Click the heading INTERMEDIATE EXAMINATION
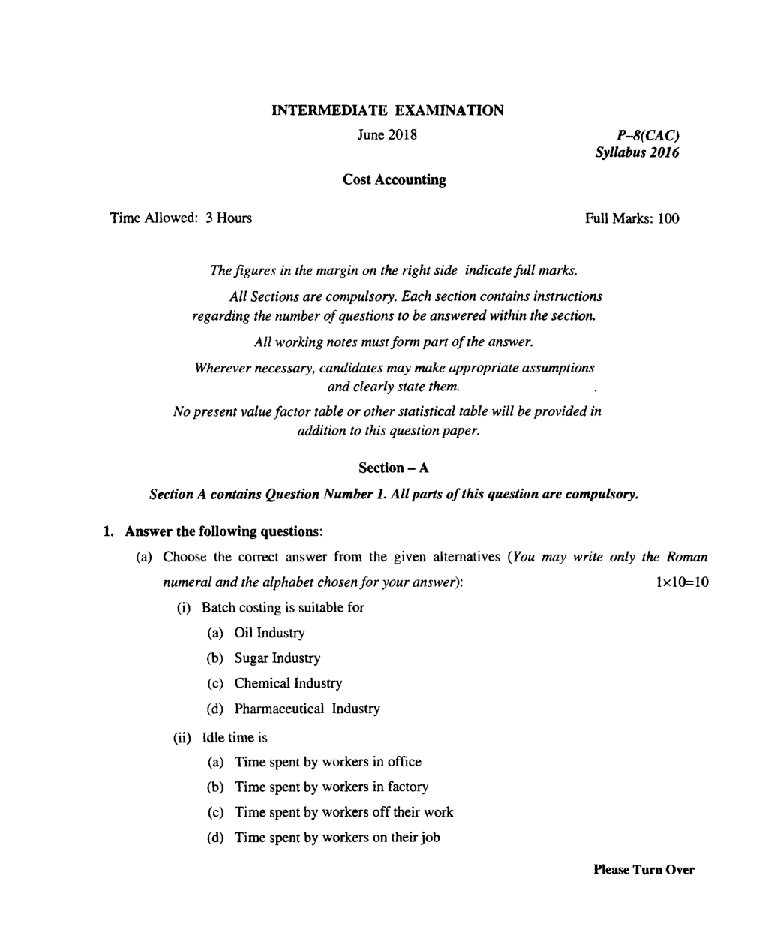tap(387, 110)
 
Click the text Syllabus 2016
tap(637, 153)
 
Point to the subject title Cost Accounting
tap(394, 179)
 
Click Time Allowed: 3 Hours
tap(181, 218)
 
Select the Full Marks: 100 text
tap(631, 218)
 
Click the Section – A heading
tap(394, 468)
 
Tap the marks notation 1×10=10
tap(681, 582)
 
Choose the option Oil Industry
tap(269, 633)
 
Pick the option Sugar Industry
tap(277, 658)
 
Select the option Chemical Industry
tap(288, 683)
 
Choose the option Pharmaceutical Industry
tap(307, 709)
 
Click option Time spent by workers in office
tap(328, 762)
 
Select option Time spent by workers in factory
tap(331, 787)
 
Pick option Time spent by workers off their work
tap(343, 812)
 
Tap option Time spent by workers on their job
tap(337, 838)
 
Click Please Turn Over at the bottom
tap(643, 870)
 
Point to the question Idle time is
tap(235, 738)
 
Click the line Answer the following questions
tap(223, 531)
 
